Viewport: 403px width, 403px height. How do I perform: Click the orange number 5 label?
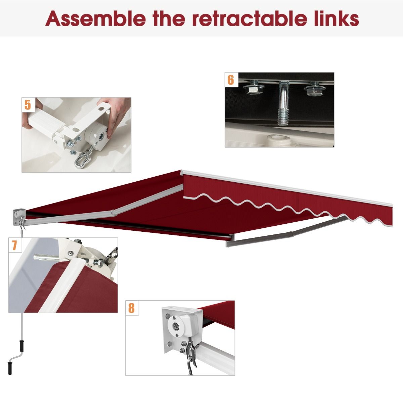coord(28,104)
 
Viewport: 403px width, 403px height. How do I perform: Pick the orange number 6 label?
coord(231,80)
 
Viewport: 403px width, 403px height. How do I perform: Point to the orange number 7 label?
coord(14,245)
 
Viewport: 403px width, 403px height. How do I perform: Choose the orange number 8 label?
coord(131,308)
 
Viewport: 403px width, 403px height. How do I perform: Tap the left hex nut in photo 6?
coord(252,89)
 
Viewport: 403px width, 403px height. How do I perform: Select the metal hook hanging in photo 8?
coord(188,356)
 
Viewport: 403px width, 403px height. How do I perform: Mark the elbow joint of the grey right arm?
coord(292,233)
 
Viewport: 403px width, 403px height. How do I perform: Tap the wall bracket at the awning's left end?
coord(18,215)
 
